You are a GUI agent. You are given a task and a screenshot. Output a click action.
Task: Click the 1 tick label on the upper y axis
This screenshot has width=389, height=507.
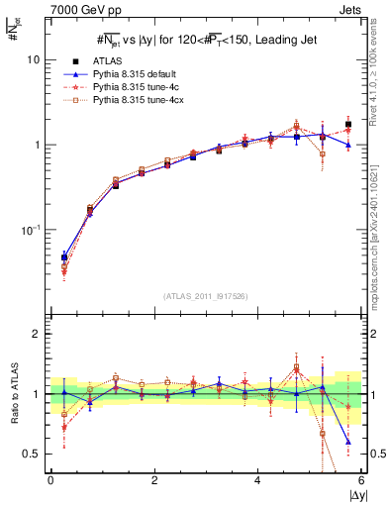pyautogui.click(x=36, y=145)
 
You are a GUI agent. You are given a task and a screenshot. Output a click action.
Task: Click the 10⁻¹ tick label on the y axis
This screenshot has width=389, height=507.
pyautogui.click(x=30, y=230)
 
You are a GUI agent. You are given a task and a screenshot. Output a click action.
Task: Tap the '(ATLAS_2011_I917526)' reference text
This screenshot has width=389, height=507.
pyautogui.click(x=206, y=295)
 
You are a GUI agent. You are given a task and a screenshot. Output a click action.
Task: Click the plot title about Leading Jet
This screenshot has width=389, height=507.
pyautogui.click(x=206, y=40)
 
